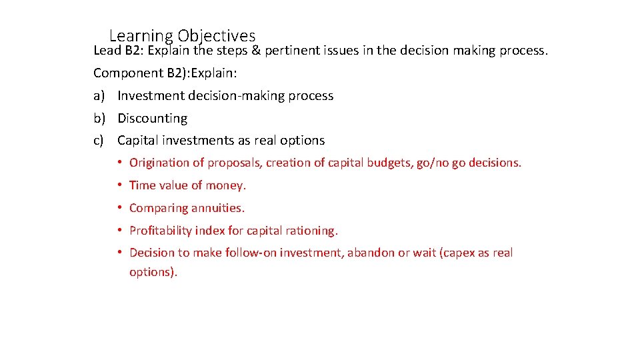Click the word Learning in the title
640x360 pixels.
point(140,35)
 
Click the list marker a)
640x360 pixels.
point(99,96)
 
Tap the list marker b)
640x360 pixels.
point(99,119)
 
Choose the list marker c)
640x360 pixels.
point(99,141)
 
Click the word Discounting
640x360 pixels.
point(152,119)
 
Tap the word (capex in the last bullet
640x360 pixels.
point(458,253)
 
